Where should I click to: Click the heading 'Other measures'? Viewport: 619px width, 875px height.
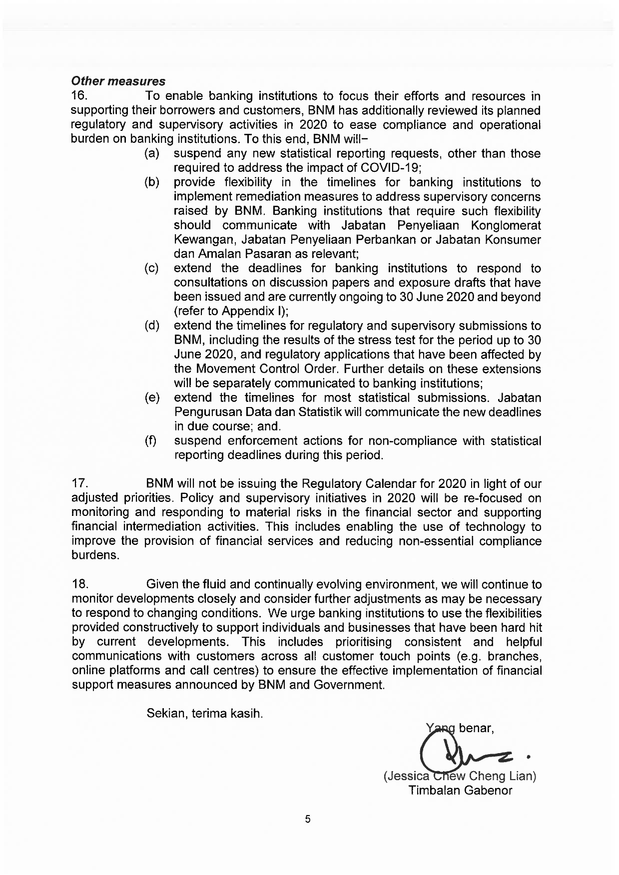coord(118,81)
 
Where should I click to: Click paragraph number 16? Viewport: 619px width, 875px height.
coord(80,96)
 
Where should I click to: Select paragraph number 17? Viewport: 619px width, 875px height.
coord(80,484)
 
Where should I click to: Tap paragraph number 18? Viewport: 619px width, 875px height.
coord(80,584)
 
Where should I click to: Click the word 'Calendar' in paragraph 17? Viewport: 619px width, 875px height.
coord(392,484)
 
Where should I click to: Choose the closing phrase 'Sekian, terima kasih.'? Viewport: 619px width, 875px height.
coord(204,713)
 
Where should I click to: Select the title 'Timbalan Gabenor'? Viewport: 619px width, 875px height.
coord(460,791)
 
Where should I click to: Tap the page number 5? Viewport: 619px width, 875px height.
coord(308,819)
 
